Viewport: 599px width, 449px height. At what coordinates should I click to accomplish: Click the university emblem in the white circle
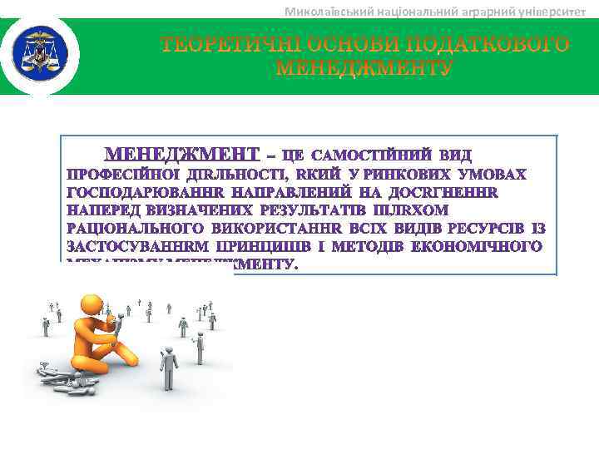click(39, 56)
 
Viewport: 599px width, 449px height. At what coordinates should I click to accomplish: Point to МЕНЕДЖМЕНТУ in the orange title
click(364, 67)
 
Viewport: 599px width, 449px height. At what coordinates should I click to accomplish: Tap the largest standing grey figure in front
click(169, 367)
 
